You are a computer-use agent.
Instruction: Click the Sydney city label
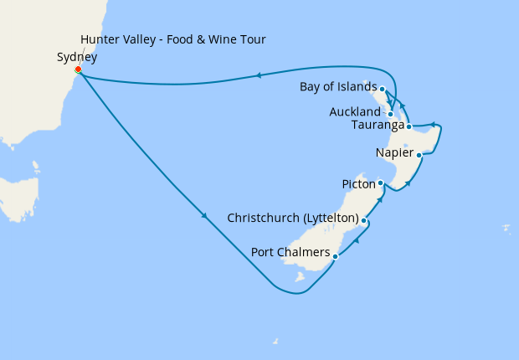click(76, 58)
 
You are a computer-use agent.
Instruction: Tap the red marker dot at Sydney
click(78, 69)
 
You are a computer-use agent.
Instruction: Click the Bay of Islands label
click(338, 87)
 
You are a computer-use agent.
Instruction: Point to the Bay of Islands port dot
click(382, 89)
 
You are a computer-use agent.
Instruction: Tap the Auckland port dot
click(391, 113)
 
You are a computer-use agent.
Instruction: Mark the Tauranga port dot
click(409, 126)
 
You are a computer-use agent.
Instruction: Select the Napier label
click(394, 153)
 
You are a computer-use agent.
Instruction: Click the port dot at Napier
click(419, 155)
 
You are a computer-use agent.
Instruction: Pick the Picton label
click(358, 183)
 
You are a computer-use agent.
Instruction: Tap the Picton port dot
click(381, 183)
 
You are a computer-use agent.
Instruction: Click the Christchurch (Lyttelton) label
click(293, 219)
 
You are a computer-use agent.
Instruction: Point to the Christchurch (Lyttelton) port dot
click(364, 220)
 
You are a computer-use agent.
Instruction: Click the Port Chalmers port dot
click(336, 256)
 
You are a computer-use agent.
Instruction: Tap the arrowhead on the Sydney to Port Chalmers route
click(205, 219)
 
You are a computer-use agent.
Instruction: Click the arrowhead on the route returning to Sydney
click(259, 76)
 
